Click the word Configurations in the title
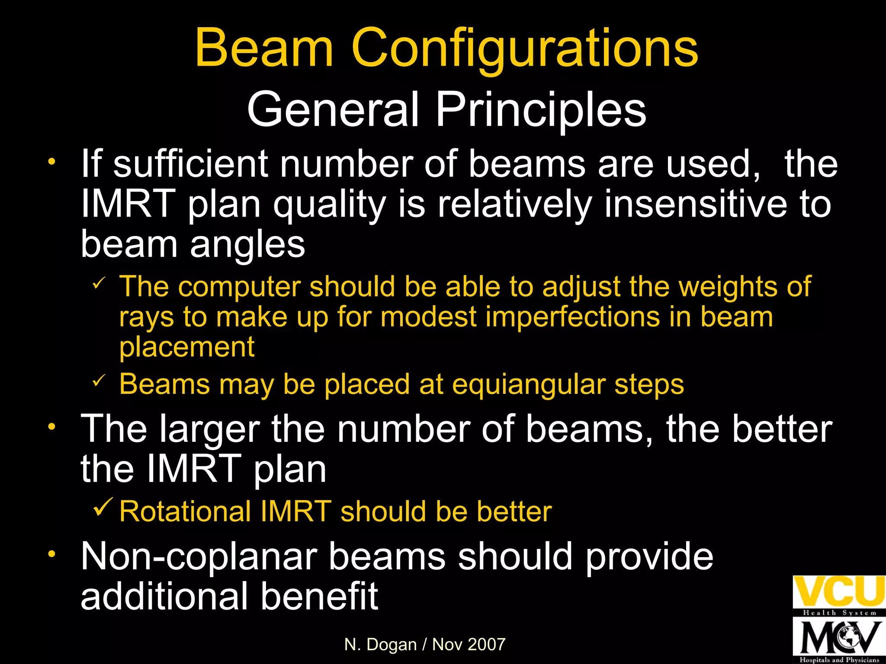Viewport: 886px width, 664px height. click(525, 48)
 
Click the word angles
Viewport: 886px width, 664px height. click(247, 245)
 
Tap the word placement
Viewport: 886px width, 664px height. click(187, 347)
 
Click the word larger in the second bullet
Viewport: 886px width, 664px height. click(209, 429)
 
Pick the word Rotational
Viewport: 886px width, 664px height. click(185, 511)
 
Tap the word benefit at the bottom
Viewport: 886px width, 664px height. click(319, 596)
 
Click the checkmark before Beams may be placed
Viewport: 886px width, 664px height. click(99, 381)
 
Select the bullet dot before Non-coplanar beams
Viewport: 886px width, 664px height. click(52, 554)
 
